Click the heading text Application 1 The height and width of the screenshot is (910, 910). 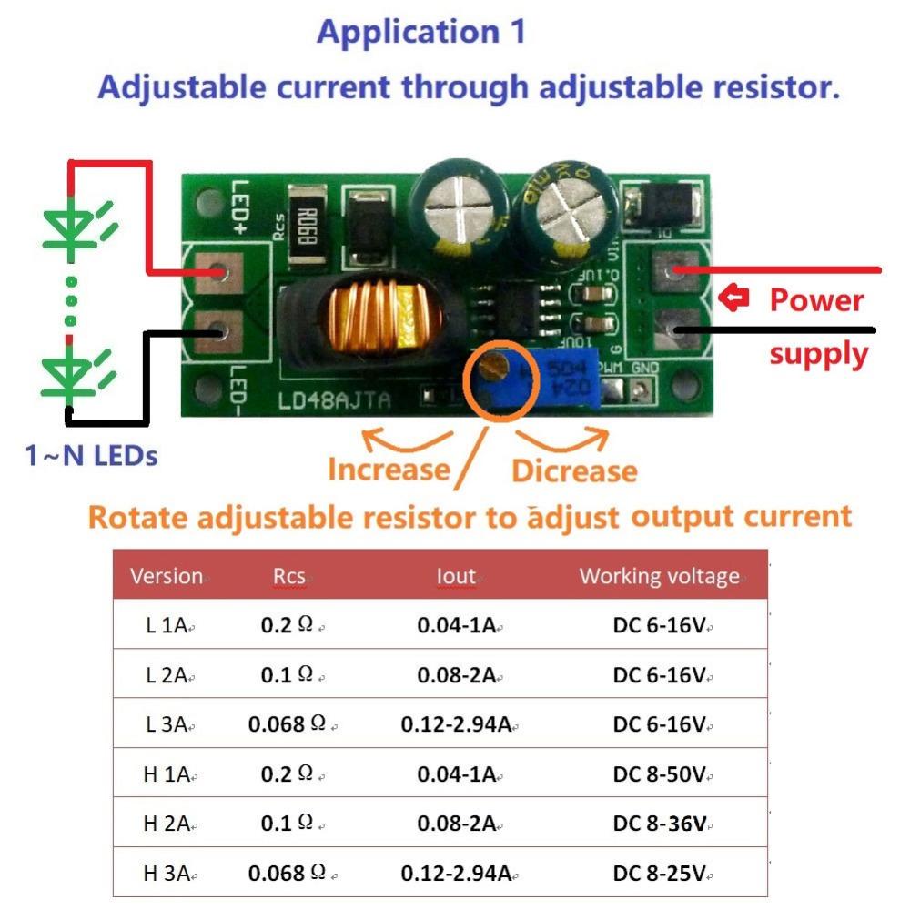point(421,32)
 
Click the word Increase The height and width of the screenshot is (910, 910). point(389,470)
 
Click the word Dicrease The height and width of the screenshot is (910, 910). point(574,470)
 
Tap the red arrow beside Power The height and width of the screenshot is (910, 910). point(733,297)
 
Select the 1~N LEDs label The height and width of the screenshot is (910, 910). point(91,455)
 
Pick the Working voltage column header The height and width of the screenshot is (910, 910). point(660,576)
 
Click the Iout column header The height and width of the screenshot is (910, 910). point(456,576)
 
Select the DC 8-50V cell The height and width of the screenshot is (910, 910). point(660,774)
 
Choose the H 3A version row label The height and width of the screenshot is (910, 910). point(167,874)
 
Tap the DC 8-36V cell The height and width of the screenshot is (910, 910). point(660,824)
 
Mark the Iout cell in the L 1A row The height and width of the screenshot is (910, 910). point(456,625)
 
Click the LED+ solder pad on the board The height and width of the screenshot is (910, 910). point(218,272)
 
